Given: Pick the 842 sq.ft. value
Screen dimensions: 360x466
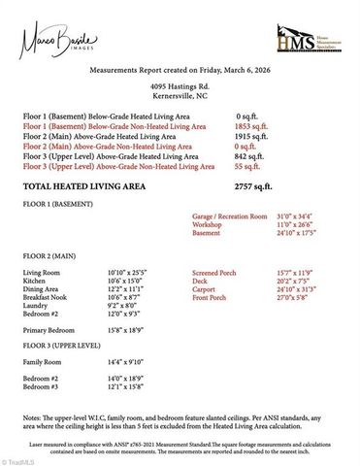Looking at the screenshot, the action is [249, 156].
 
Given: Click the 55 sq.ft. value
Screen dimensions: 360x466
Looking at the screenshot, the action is [246, 166].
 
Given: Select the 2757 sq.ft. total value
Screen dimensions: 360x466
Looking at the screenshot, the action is [254, 185].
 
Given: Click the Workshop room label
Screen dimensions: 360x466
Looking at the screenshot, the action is [209, 224].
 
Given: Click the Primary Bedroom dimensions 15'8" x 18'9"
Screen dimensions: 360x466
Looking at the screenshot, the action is [126, 330].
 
